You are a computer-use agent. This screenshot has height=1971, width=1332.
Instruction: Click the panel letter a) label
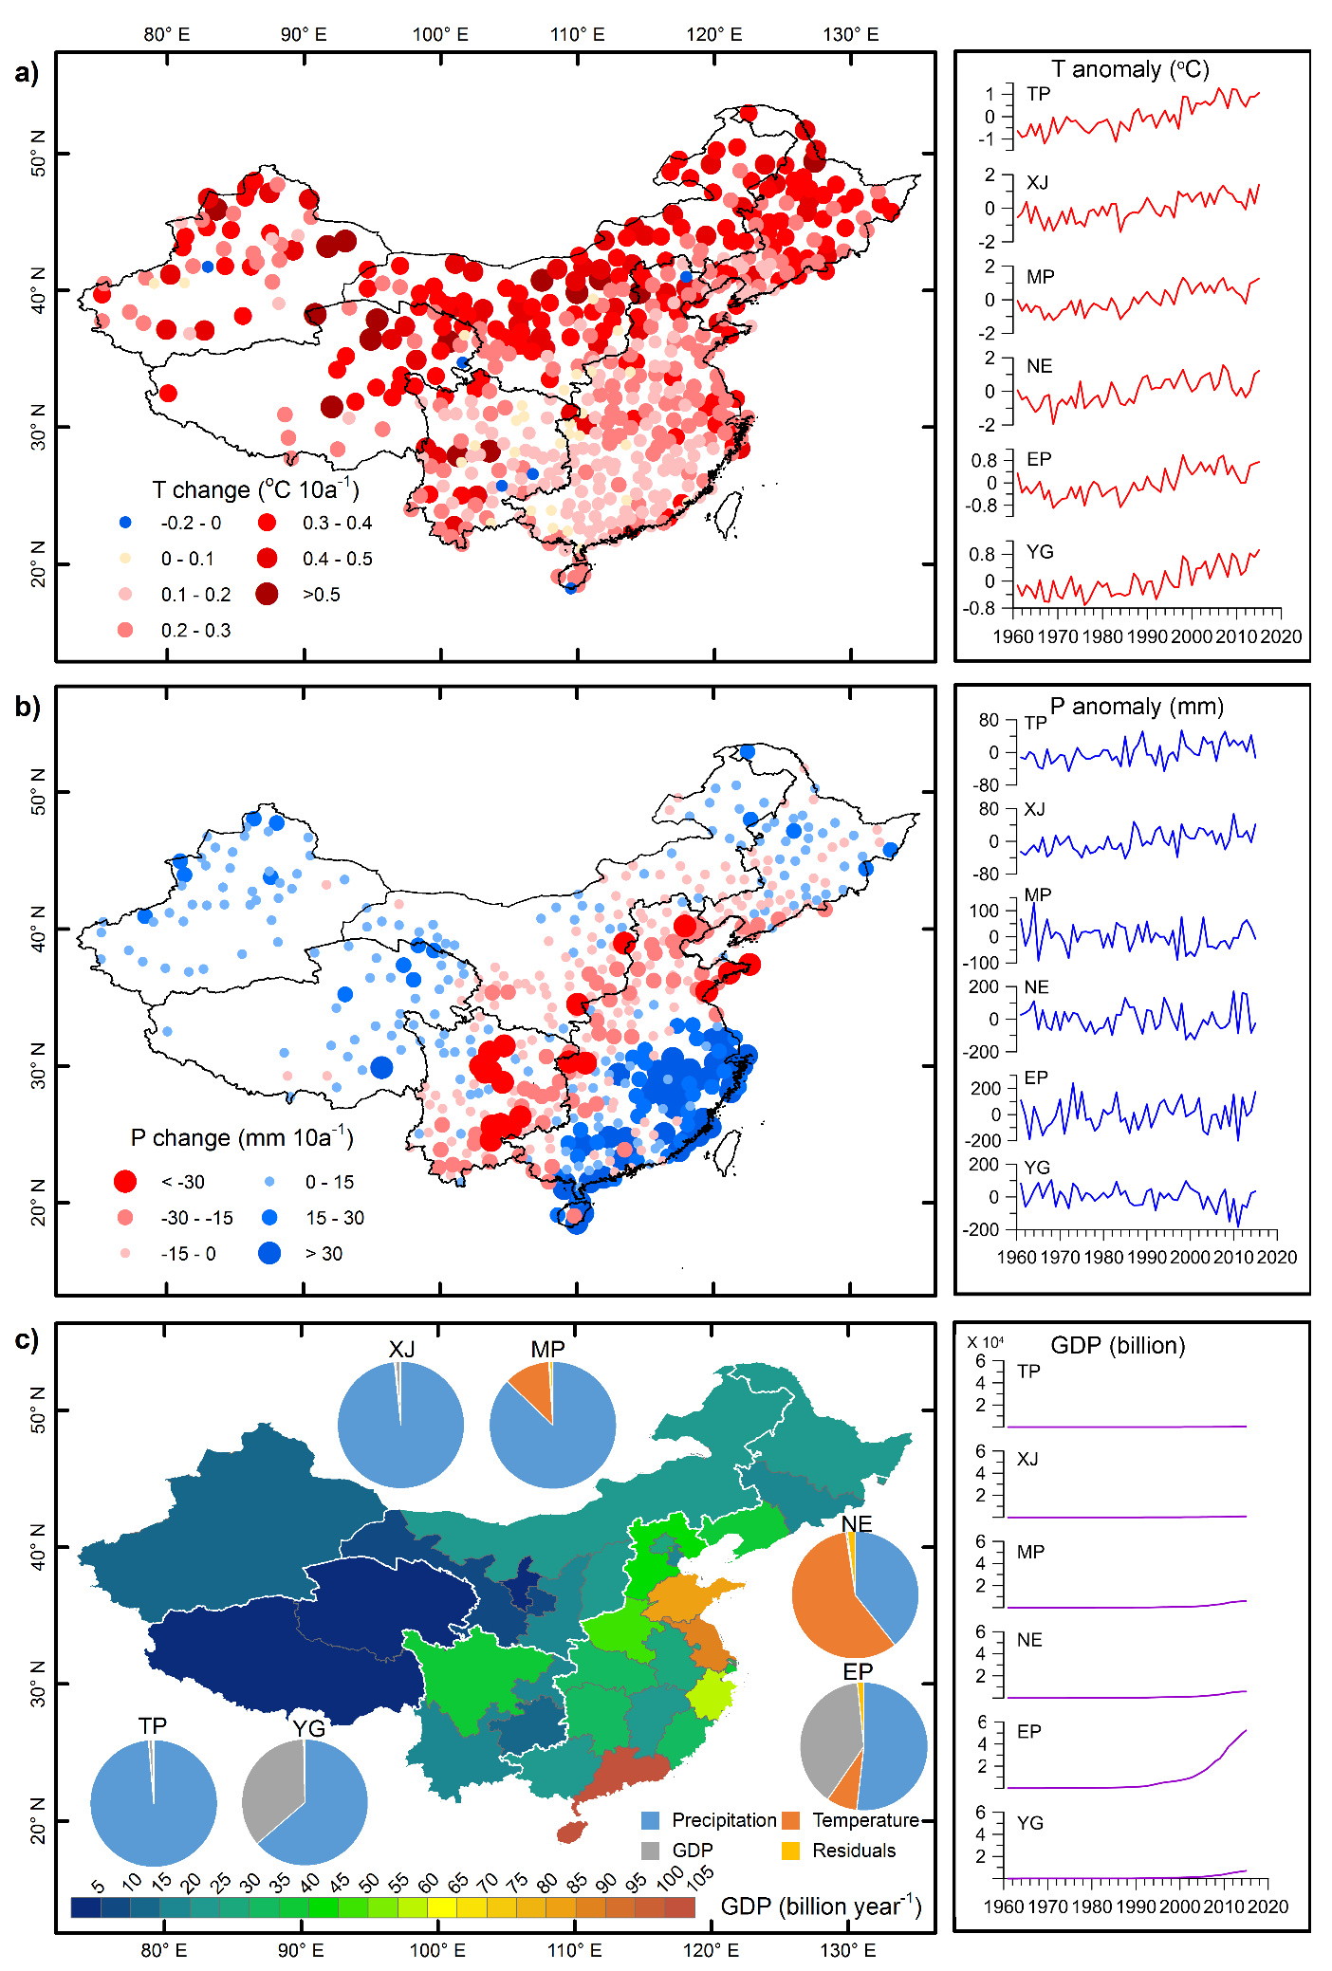click(x=27, y=73)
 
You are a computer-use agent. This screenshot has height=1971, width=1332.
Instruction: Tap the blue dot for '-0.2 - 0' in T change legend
click(x=125, y=523)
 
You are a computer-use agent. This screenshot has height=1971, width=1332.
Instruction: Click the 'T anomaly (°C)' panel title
click(x=1130, y=69)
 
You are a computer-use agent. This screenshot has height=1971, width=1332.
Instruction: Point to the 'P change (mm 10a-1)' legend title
click(x=241, y=1137)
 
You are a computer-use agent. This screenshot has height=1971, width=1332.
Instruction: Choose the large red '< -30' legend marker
click(x=125, y=1182)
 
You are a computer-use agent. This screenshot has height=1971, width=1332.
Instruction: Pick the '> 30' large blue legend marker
click(x=269, y=1253)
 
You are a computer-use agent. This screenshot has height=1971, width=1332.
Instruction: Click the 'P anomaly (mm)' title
click(x=1137, y=707)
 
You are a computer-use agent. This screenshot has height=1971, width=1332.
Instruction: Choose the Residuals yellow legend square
click(x=790, y=1851)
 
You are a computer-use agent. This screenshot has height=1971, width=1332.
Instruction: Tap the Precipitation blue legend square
click(x=650, y=1820)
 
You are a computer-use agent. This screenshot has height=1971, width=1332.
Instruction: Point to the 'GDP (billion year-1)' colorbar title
click(x=821, y=1906)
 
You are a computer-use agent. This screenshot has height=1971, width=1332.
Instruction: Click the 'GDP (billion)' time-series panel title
click(x=1118, y=1346)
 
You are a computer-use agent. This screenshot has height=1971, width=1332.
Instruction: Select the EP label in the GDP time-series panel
click(x=1029, y=1731)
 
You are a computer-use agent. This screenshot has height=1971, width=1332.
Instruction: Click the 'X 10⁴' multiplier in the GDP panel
click(x=985, y=1342)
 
